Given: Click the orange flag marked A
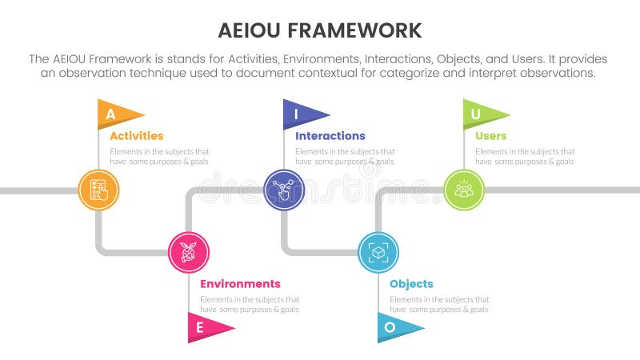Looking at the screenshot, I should point(116,114).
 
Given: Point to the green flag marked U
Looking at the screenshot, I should point(481,114).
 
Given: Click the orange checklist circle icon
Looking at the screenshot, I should point(99,190).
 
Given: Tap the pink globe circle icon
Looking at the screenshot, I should point(189,252).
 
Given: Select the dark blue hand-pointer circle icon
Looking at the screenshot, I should point(284,190).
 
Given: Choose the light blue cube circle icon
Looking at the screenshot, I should point(378,252).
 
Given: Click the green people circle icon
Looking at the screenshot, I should point(464,190).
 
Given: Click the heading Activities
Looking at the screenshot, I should point(136,136).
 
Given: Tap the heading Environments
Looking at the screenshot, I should point(240,284).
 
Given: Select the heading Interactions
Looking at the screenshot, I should point(330,136).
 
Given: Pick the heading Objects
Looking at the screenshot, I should point(411,284).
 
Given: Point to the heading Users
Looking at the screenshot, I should point(490,136).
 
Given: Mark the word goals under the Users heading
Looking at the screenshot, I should point(563,161).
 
